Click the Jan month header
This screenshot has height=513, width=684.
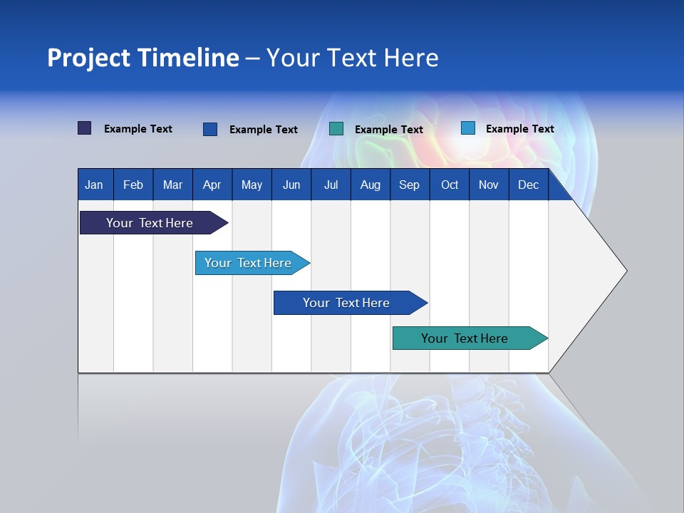pos(94,185)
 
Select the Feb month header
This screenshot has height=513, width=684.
pos(133,185)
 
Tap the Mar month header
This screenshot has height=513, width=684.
pos(172,185)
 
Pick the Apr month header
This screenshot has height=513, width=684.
pos(212,185)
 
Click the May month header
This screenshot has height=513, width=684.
pos(252,185)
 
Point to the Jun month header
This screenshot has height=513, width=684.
pos(291,185)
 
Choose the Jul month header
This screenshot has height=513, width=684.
pos(331,185)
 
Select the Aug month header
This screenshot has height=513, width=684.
pos(370,185)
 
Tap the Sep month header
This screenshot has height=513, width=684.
pos(409,185)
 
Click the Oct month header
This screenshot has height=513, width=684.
pos(450,185)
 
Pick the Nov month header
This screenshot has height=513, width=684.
pos(489,185)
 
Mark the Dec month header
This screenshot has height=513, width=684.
pos(529,185)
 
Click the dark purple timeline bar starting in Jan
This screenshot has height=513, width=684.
pos(150,223)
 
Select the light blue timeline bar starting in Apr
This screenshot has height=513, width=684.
pos(249,263)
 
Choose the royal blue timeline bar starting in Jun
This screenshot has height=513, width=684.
pos(347,303)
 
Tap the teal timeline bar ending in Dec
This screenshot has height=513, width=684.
pos(465,338)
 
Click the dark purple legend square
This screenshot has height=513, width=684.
pos(85,128)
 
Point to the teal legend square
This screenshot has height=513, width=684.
pos(336,129)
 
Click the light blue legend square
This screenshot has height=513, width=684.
pos(468,128)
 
